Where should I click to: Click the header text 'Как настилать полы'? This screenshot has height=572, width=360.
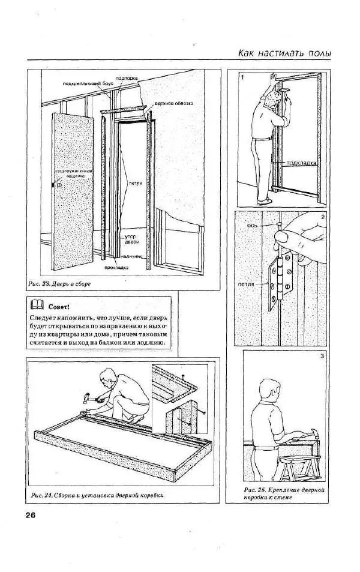[284, 54]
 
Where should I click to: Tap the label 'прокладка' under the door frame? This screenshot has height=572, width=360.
[115, 267]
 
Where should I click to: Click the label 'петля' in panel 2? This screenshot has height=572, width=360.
[246, 284]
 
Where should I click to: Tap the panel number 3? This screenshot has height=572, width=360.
[322, 357]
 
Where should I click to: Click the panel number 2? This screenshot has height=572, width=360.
[323, 217]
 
